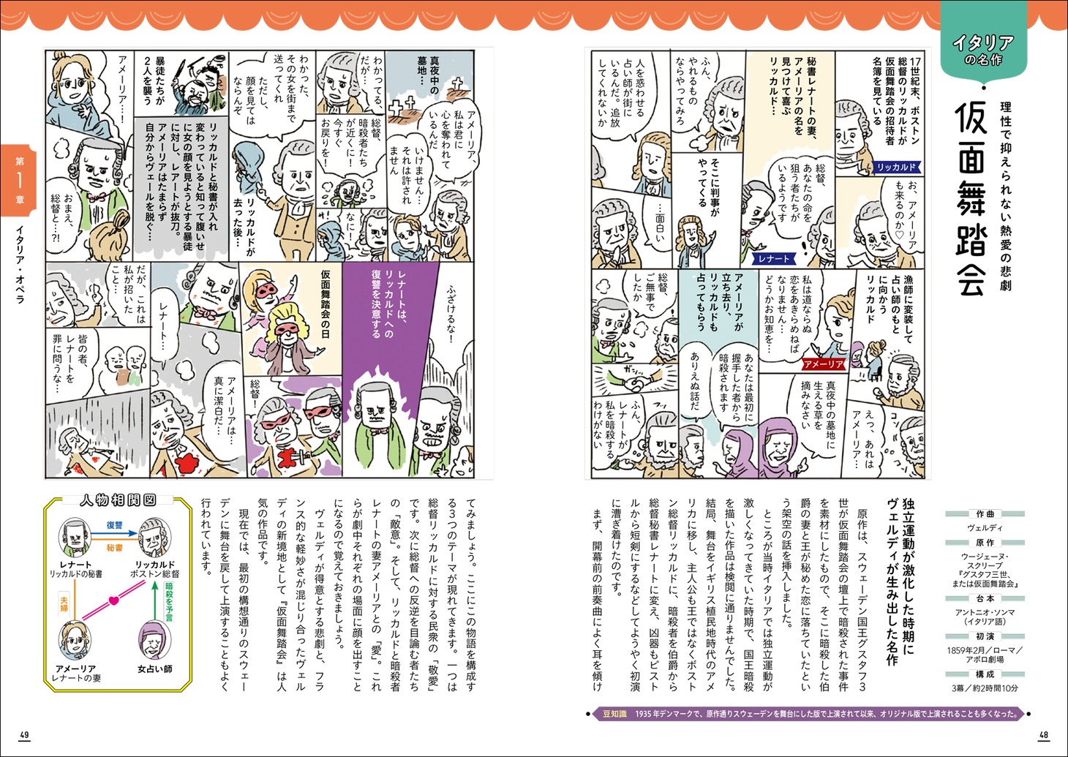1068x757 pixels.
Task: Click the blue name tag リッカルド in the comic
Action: click(896, 167)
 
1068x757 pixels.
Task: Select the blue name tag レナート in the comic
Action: click(773, 258)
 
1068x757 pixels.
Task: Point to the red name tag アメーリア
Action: click(824, 364)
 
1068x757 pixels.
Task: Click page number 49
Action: click(24, 734)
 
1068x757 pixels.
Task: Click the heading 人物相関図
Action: click(118, 500)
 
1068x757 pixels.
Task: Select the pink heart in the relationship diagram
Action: click(113, 600)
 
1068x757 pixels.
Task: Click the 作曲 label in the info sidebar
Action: click(985, 514)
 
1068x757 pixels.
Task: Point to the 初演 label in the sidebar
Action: click(985, 636)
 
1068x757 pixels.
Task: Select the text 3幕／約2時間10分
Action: click(985, 688)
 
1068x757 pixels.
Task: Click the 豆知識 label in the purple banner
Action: click(614, 714)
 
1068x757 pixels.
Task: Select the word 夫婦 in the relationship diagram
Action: click(64, 603)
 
